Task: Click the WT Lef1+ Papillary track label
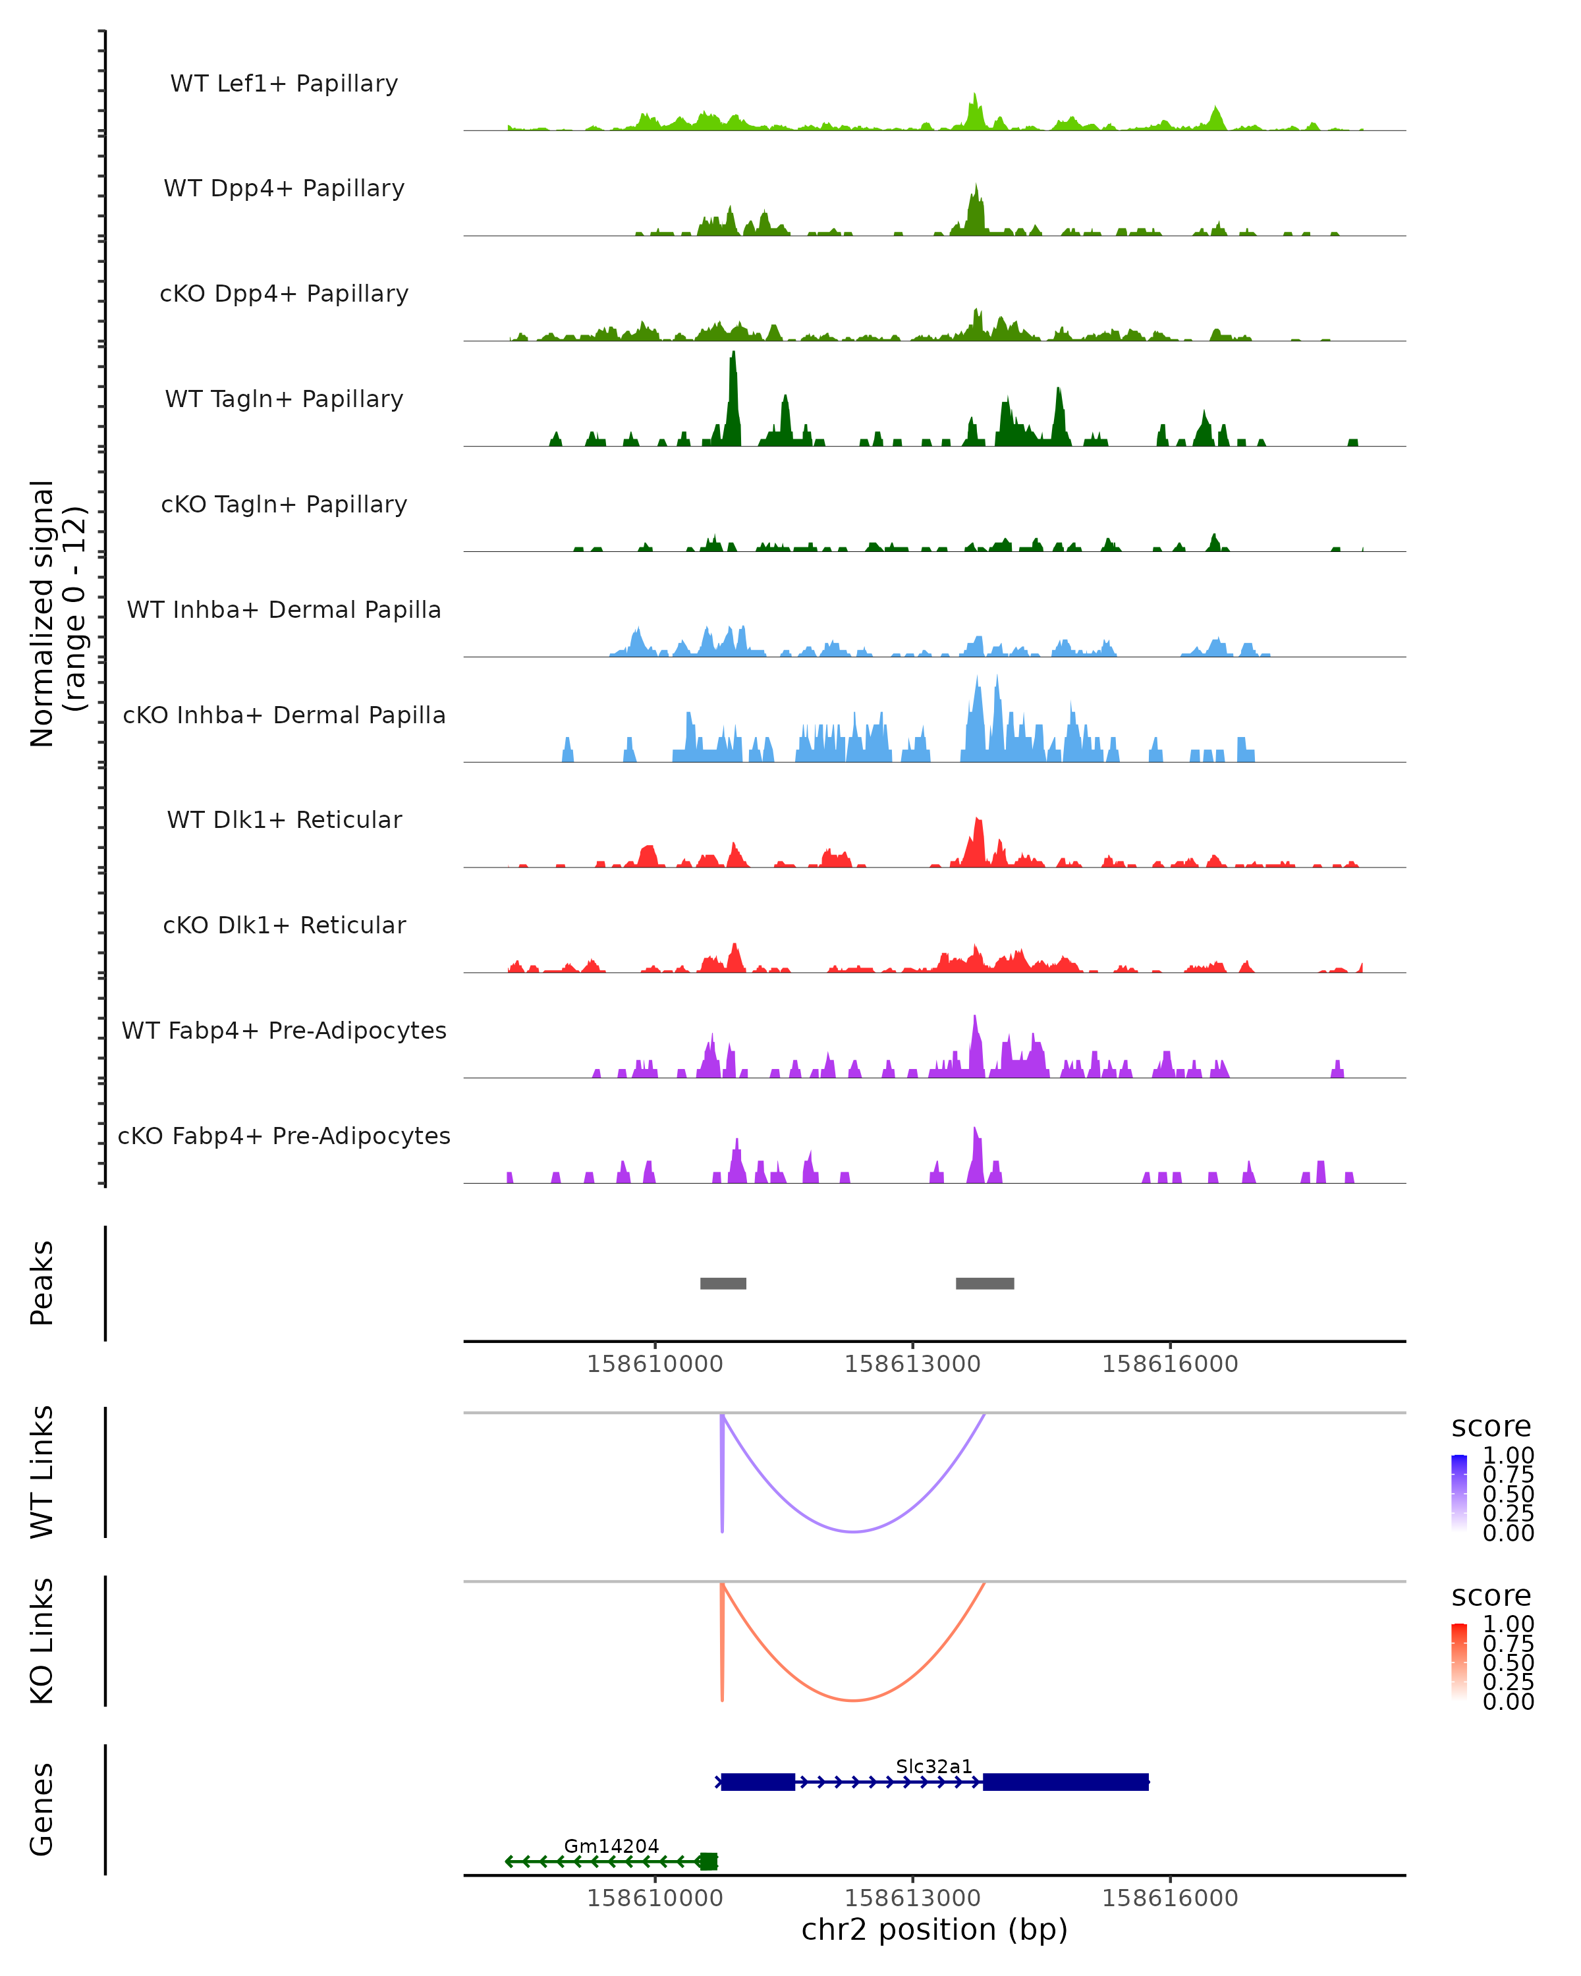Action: (284, 84)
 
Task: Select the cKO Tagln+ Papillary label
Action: (284, 504)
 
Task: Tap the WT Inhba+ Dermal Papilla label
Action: (284, 609)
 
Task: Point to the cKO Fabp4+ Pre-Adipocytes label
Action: (284, 1136)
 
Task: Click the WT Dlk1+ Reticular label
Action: (284, 820)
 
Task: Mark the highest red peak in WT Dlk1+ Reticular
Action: (978, 821)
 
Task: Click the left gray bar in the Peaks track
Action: (723, 1283)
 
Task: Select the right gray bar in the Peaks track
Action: (984, 1283)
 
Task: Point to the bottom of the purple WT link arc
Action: (853, 1531)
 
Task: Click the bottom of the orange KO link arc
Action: (853, 1700)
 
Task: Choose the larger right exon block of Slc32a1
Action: (1065, 1782)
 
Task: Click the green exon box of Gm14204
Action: (708, 1861)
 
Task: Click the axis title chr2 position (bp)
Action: (934, 1930)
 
